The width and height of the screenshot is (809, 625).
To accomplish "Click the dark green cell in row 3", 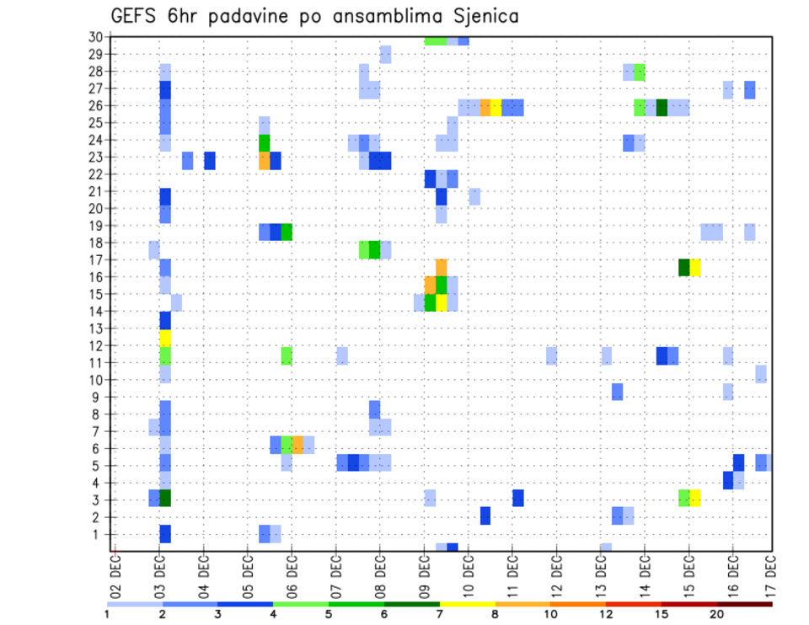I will [x=165, y=498].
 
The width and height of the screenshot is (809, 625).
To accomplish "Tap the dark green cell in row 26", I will [x=662, y=107].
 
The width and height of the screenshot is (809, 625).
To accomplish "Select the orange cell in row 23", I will [x=265, y=160].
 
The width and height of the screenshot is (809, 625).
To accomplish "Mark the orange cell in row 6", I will [x=297, y=444].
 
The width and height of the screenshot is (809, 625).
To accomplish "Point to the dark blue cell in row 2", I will [x=485, y=515].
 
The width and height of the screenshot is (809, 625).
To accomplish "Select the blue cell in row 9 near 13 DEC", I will [x=618, y=392].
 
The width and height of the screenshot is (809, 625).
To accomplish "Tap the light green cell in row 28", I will [x=640, y=72].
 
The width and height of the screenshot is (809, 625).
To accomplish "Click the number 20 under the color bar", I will [x=716, y=615].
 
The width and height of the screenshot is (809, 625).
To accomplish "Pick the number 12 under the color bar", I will [x=606, y=615].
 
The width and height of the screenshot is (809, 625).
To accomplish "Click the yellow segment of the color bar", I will [x=467, y=604].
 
